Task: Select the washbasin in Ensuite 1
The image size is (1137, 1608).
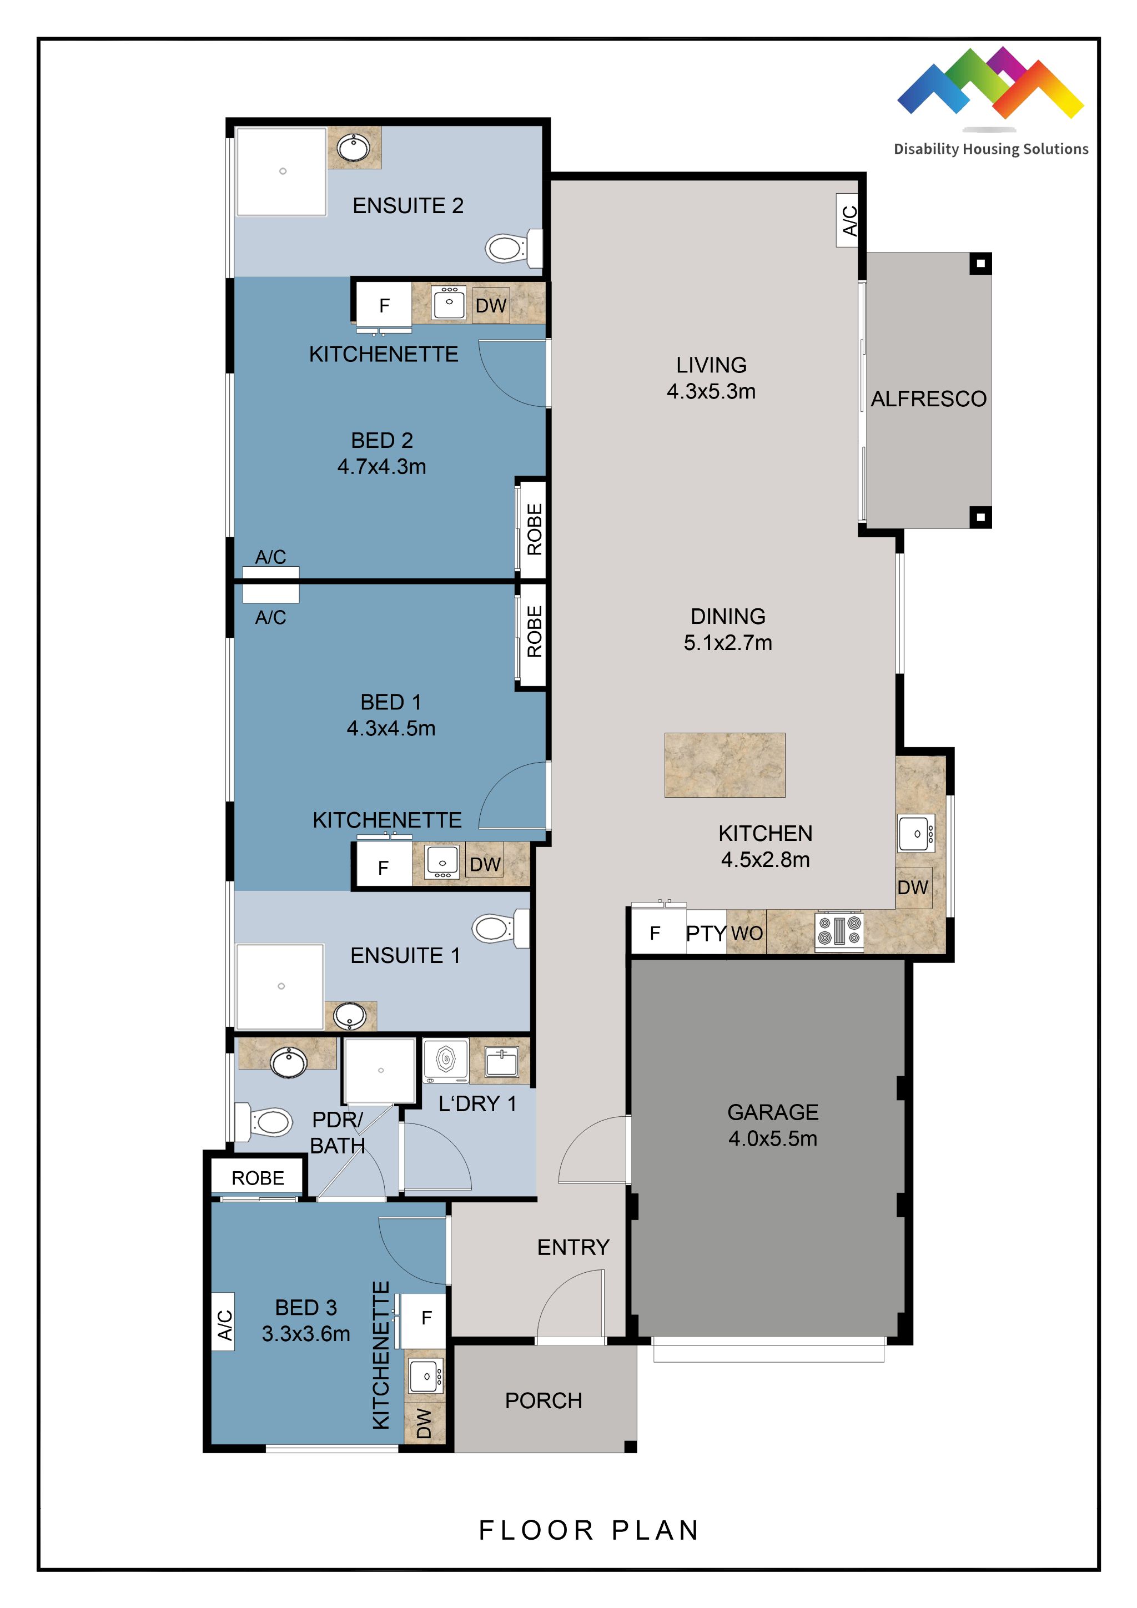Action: tap(350, 1016)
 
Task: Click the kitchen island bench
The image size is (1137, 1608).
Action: tap(725, 765)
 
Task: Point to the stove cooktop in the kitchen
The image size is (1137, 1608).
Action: tap(838, 931)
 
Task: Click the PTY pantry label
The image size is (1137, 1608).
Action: tap(706, 934)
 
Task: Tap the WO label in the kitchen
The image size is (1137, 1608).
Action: tap(747, 933)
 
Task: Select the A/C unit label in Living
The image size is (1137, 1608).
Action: tap(849, 220)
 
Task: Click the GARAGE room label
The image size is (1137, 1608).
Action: tap(773, 1112)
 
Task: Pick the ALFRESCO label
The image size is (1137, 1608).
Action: tap(928, 399)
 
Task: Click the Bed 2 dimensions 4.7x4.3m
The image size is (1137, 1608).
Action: tap(382, 466)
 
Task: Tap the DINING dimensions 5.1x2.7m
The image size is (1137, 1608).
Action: tap(728, 642)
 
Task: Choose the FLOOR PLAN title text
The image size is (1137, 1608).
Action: tap(589, 1530)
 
